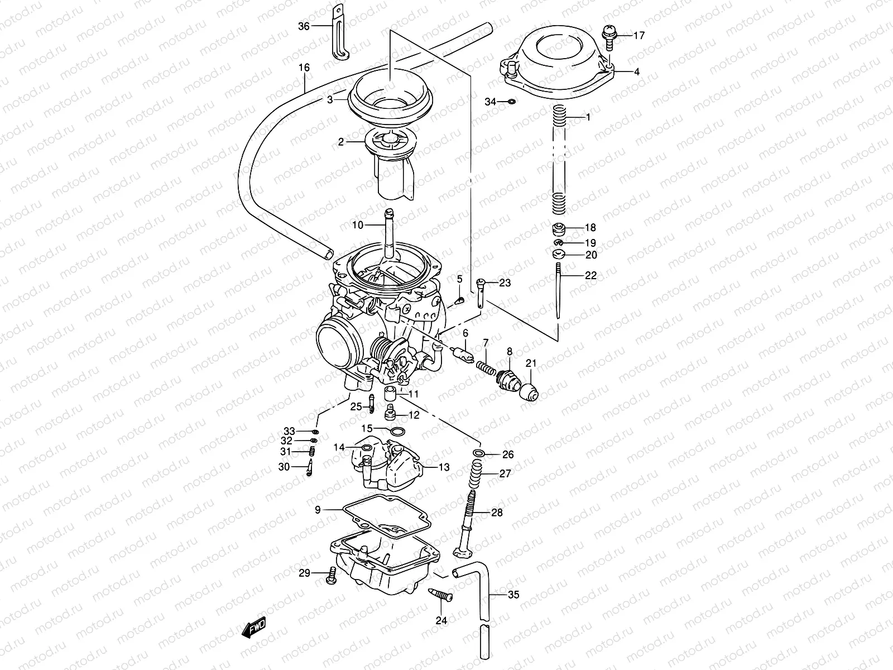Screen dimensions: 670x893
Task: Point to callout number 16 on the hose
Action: coord(304,68)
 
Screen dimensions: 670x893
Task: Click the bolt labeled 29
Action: coord(330,576)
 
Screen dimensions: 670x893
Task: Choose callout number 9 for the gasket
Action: coord(318,509)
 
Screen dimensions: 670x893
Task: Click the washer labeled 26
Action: coord(478,452)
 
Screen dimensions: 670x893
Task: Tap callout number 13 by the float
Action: coord(444,467)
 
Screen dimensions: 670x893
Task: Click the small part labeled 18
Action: coord(559,228)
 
